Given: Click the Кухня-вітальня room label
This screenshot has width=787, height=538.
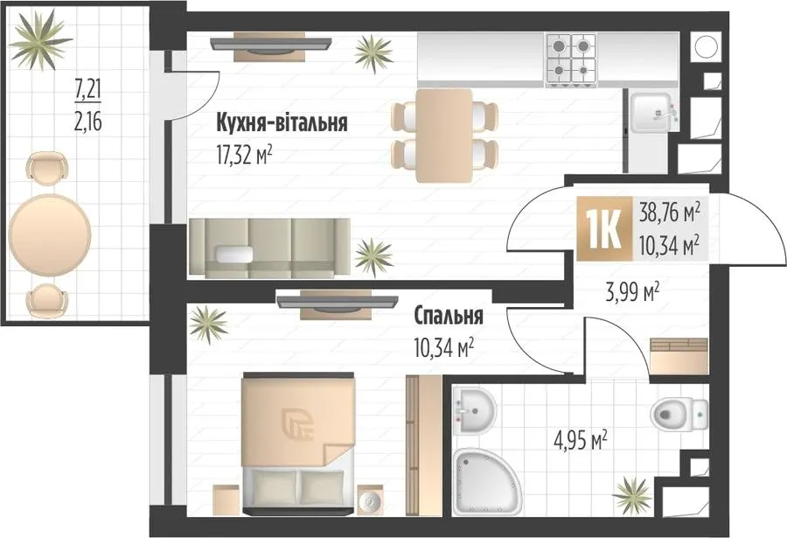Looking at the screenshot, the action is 282,123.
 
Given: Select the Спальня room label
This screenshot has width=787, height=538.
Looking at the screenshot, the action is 449,316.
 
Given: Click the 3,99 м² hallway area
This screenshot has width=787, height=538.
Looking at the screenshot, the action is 632,292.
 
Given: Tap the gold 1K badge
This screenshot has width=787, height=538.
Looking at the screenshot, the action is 604,228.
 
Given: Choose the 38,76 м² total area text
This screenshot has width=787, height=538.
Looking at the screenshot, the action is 669,213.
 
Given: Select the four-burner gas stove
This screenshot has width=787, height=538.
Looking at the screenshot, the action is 571,59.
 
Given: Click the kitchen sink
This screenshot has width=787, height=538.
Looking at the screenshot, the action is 651,113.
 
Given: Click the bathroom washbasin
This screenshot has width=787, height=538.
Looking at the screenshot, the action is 474,410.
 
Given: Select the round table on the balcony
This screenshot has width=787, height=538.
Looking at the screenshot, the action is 50,235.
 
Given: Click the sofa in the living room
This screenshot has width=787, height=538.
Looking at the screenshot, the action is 269,248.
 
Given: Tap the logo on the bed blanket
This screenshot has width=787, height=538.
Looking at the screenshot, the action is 297,424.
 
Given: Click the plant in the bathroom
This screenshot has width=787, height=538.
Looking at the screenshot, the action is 633,495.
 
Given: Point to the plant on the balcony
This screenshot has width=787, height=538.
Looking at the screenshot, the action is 40,39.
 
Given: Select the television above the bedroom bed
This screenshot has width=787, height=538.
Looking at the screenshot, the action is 337,302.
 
